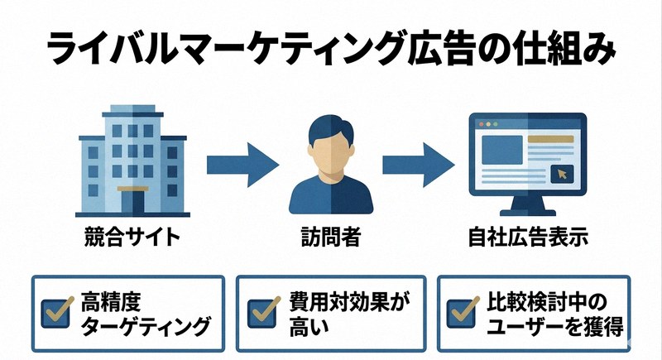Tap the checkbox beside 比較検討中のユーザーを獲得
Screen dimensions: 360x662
point(460,310)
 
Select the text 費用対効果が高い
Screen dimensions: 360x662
point(348,311)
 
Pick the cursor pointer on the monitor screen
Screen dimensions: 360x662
point(564,175)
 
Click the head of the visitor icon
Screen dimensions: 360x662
point(331,141)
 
